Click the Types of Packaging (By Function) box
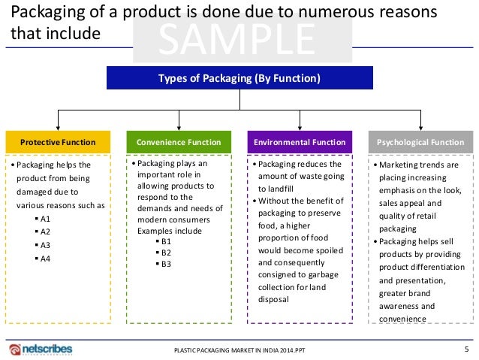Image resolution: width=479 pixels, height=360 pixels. click(239, 78)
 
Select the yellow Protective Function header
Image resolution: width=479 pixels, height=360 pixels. click(58, 142)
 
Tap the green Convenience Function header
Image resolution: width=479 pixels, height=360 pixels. click(179, 142)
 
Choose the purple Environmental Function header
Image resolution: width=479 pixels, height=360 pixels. click(300, 142)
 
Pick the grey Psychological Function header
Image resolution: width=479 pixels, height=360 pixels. click(421, 142)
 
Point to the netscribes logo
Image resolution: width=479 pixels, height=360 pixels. click(43, 349)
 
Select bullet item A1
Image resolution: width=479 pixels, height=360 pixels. click(46, 219)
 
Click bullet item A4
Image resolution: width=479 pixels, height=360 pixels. click(46, 259)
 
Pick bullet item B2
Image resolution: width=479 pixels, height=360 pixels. click(167, 253)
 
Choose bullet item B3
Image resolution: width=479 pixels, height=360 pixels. click(167, 264)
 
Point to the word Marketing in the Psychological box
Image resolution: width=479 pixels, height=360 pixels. click(401, 165)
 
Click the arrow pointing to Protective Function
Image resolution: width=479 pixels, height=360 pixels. click(58, 126)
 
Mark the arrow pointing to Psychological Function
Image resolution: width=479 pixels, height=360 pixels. click(421, 126)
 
